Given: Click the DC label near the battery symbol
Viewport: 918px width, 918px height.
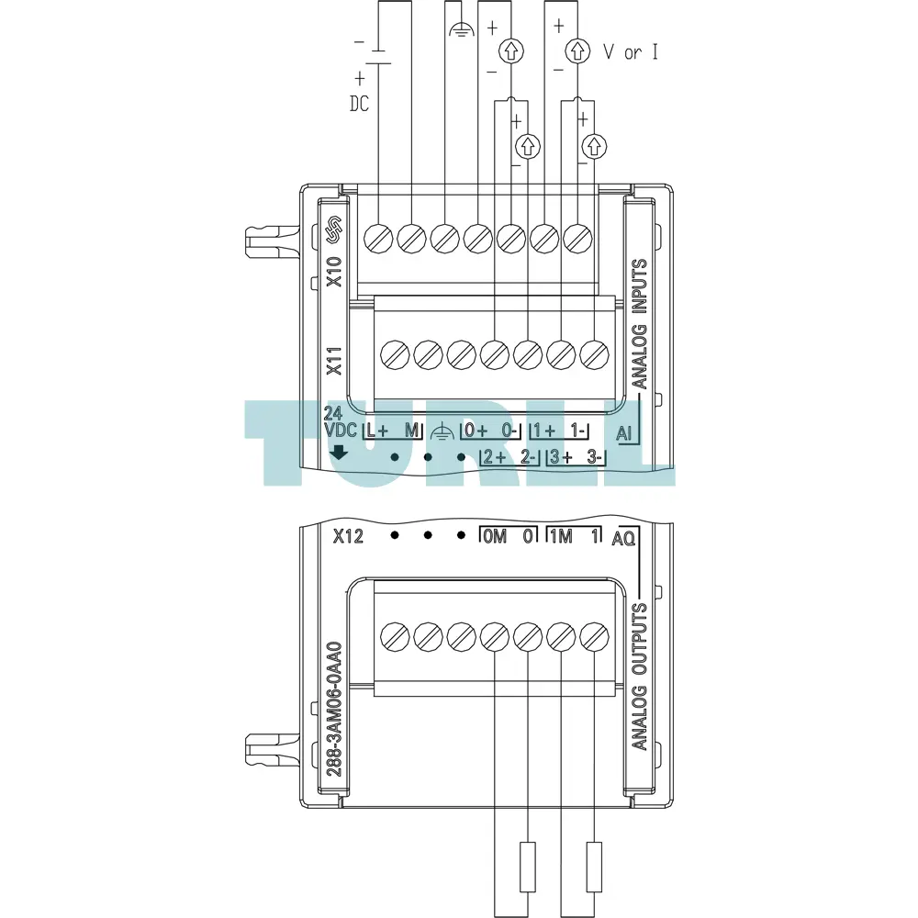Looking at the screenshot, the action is (360, 105).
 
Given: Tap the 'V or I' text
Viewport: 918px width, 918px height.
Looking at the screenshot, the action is (631, 52).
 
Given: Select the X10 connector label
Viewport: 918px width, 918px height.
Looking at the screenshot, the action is (334, 272).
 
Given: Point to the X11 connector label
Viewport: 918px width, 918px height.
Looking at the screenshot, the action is (334, 361).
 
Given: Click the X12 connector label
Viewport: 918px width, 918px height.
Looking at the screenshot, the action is (348, 536).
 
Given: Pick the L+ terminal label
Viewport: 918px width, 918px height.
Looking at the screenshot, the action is (376, 431).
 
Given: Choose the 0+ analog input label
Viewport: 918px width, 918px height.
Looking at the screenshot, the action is (476, 431).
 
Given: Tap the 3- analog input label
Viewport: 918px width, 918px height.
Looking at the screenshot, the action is (594, 456).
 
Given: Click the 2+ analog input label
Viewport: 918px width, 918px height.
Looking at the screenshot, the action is (495, 456).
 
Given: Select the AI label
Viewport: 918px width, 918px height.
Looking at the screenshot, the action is (624, 434).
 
